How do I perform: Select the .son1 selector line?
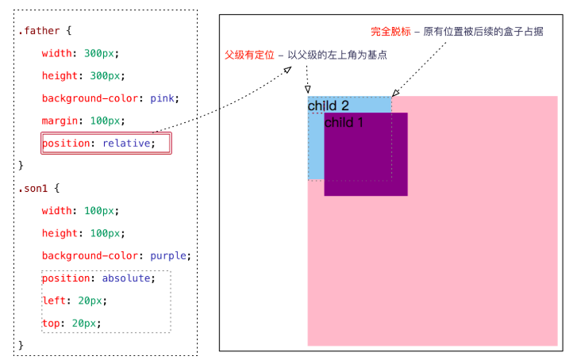tap(39, 189)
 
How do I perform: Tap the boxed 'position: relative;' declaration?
tap(106, 144)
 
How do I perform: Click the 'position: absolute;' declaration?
tap(106, 278)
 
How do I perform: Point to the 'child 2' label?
tap(328, 105)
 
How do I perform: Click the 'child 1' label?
tap(344, 122)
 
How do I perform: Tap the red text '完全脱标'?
tap(390, 33)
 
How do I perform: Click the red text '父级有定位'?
tap(249, 54)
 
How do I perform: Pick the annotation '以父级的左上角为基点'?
tap(342, 54)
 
